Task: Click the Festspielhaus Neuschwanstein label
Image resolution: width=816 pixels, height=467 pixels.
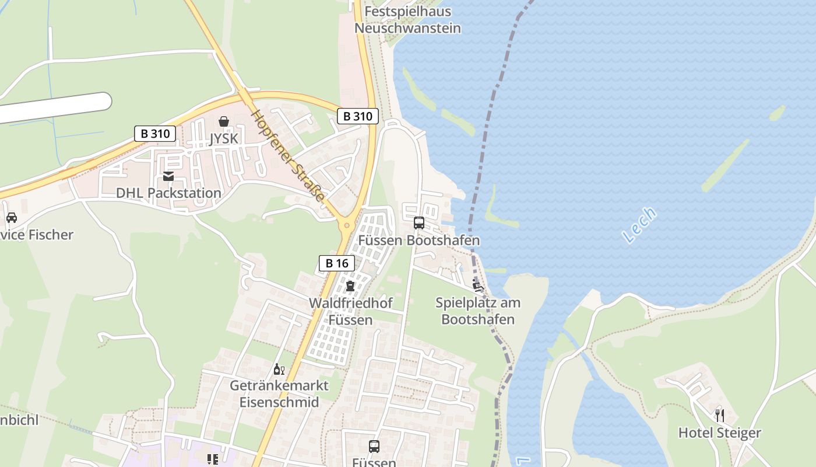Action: coord(407,20)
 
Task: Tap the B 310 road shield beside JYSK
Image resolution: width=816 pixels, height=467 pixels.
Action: coord(155,133)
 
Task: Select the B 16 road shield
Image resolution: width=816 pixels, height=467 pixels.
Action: coord(337,263)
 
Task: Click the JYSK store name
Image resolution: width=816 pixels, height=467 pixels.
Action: coord(224,138)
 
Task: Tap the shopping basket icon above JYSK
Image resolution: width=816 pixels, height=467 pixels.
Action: coord(224,121)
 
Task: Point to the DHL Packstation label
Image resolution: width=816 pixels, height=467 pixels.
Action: coord(168,193)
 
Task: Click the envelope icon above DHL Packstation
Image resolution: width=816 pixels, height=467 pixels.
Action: coord(168,176)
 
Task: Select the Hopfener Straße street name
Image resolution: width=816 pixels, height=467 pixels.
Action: coord(287,155)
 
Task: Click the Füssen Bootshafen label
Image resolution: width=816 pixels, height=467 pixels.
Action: coord(418,240)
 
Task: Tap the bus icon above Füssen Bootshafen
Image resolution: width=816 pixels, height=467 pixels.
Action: coord(418,222)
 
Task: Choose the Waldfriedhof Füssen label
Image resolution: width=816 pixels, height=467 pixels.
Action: coord(350,311)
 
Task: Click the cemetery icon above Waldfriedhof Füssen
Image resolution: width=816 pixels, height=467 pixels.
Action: coord(350,286)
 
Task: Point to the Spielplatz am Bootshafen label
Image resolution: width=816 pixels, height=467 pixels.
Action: coord(478,311)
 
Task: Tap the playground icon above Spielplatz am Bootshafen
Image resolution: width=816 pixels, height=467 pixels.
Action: coord(478,285)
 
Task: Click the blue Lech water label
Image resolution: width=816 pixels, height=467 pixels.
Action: coord(639,225)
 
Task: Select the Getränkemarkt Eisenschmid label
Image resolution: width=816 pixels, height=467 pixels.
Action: coord(279,393)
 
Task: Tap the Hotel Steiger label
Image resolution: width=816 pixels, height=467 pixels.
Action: coord(719,433)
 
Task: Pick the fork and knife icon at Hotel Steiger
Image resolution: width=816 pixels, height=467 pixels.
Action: coord(720,416)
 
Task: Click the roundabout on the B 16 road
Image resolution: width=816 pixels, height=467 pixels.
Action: coord(347,225)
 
